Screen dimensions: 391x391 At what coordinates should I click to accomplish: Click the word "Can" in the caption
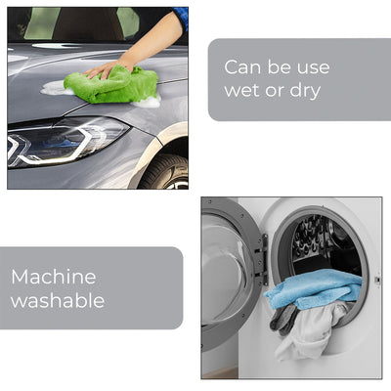242,67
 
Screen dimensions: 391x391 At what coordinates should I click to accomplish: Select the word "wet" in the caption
242,90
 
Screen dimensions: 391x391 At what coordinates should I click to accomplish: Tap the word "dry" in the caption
305,90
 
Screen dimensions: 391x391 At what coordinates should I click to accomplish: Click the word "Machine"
54,277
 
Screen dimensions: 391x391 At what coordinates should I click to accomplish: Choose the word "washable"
58,300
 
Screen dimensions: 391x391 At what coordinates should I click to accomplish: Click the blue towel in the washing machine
315,288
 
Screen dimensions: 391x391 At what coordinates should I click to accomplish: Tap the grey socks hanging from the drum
282,320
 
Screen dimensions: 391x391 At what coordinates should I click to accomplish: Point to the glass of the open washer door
223,271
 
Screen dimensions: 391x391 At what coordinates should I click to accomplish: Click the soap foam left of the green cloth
56,88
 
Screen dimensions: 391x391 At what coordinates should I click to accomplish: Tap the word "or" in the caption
275,91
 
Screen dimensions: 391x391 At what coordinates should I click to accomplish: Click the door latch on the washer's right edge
377,280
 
